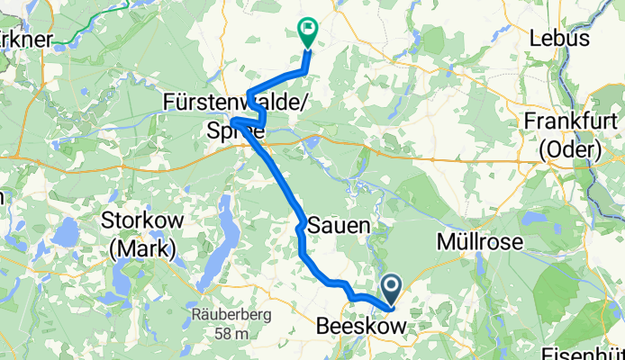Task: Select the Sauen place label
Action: [x=339, y=227]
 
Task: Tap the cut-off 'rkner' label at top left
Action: [x=27, y=38]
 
